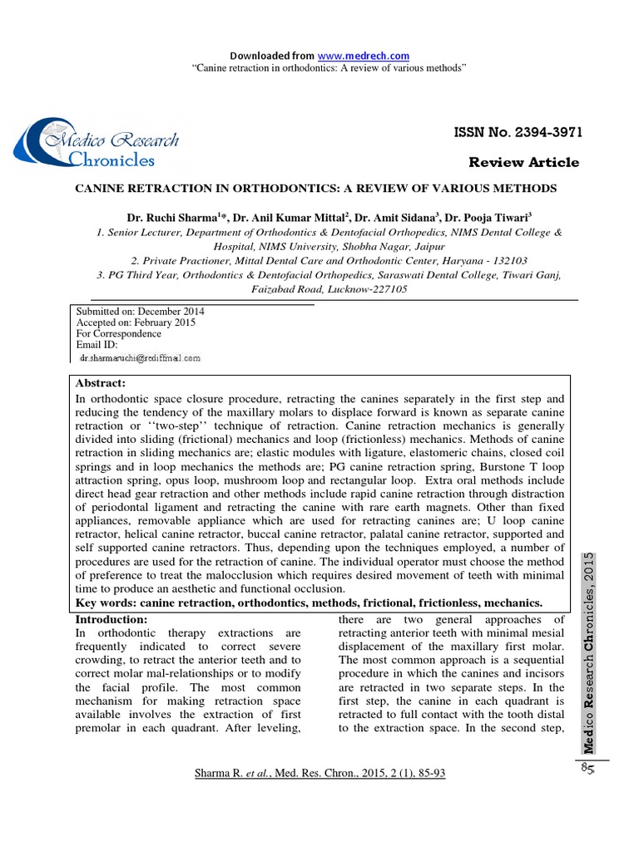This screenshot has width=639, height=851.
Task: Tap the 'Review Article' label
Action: [524, 162]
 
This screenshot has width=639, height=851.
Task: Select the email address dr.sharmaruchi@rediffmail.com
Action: [140, 357]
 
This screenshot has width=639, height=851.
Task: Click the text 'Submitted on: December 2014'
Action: [141, 312]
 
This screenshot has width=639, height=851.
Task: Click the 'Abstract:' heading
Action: [101, 383]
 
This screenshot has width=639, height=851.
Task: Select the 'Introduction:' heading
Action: [111, 620]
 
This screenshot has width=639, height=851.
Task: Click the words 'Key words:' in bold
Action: [106, 603]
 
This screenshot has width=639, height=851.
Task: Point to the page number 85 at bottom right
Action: [591, 769]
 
